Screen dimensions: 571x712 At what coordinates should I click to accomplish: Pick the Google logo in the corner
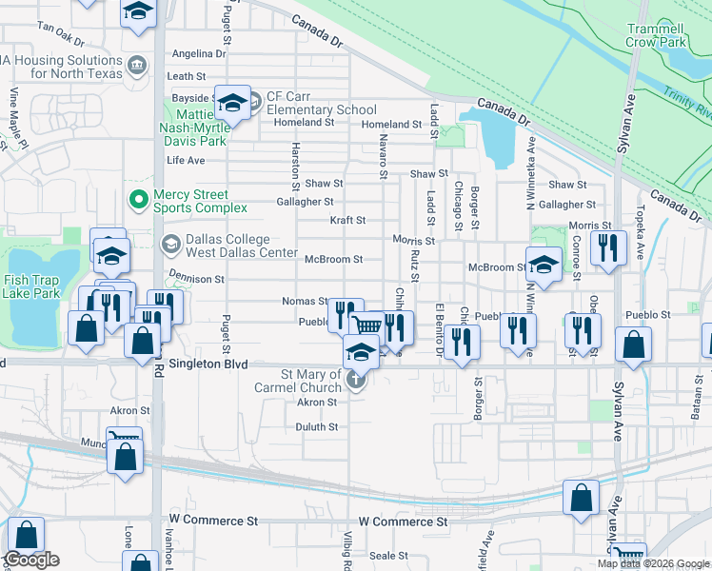[31, 560]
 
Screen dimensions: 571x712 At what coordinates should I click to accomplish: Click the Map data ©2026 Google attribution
[653, 563]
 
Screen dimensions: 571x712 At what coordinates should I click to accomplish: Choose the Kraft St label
[347, 220]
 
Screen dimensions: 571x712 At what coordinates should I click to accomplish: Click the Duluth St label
[317, 427]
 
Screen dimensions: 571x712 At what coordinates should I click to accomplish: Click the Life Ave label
[186, 160]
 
